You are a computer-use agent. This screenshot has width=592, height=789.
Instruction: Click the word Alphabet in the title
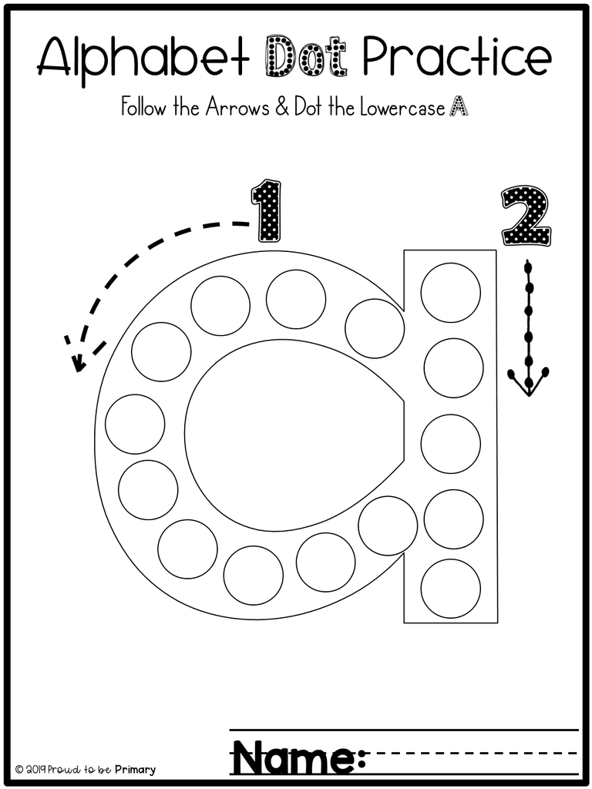[x=142, y=55]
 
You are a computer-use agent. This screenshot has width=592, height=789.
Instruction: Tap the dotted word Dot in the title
[x=304, y=55]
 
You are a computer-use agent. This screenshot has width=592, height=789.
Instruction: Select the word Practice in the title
[x=456, y=55]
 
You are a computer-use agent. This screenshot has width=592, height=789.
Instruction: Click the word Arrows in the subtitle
[x=236, y=108]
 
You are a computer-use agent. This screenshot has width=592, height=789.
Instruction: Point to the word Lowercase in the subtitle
[x=401, y=108]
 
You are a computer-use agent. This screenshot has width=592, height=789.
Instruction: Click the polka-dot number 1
[x=267, y=210]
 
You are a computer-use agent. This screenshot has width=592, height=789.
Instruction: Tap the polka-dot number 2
[x=526, y=215]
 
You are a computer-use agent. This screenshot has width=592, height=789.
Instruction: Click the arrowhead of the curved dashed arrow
[x=76, y=356]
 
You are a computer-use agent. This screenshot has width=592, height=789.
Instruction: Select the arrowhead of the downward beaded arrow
[x=528, y=383]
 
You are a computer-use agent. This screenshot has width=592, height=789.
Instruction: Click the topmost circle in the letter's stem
[x=451, y=292]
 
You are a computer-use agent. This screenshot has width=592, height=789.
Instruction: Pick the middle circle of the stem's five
[x=451, y=444]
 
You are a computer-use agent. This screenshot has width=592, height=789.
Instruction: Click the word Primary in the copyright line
[x=133, y=769]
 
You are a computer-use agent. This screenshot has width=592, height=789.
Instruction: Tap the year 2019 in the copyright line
[x=35, y=769]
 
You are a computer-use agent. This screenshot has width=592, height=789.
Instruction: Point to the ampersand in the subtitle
[x=281, y=108]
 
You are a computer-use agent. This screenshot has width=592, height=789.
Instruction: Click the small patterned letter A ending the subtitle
[x=459, y=108]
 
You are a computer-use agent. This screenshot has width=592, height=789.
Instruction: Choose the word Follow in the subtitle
[x=143, y=108]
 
